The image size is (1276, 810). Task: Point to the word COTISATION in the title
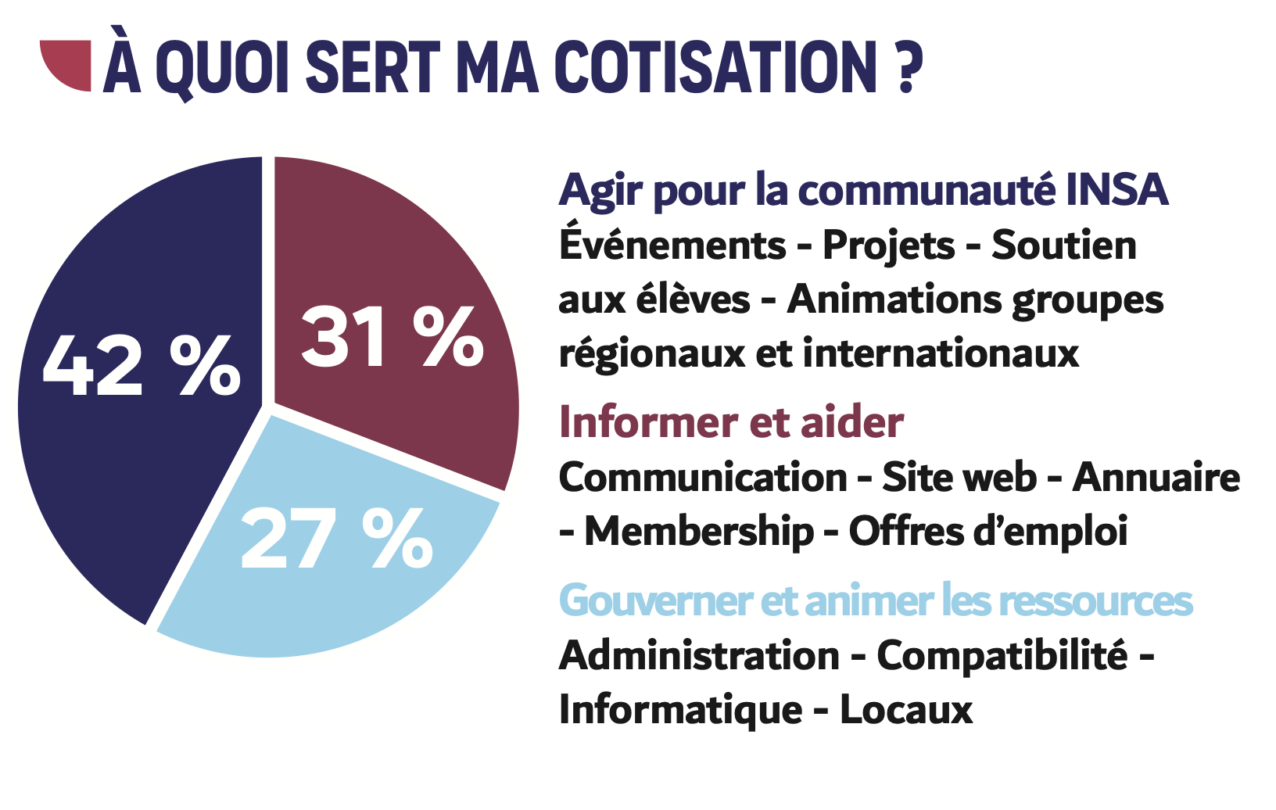pos(715,67)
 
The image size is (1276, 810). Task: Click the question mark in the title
pos(906,67)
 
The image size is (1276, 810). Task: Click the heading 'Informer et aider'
pos(731,423)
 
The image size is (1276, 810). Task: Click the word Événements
pos(672,246)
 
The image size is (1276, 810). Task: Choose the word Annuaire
pos(1156,478)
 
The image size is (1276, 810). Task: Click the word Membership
pos(699,532)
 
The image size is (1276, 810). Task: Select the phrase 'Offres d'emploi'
pos(988,532)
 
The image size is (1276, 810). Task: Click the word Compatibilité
pos(1002,655)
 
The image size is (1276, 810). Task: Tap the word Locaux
pos(906,710)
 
